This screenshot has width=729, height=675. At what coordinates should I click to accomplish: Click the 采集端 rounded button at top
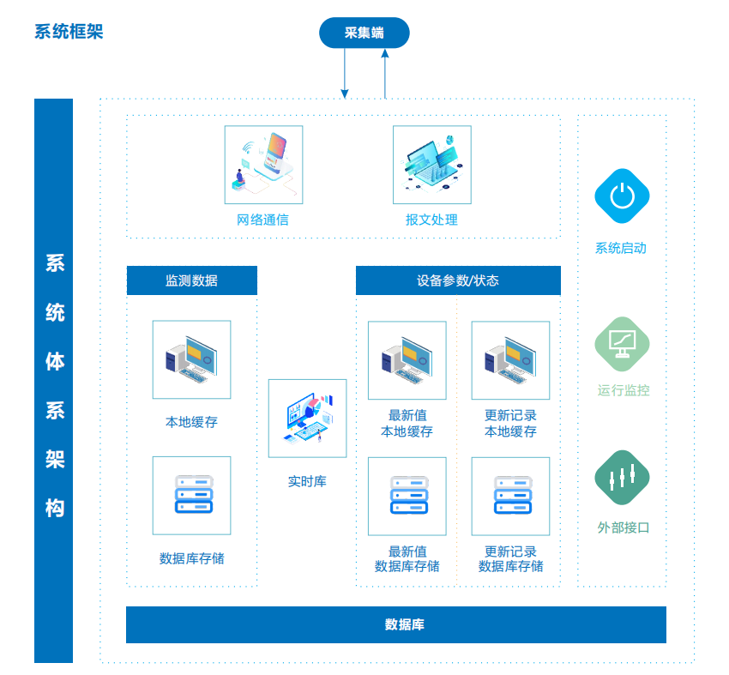[x=364, y=33]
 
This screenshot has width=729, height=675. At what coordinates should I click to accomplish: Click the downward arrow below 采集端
[x=345, y=73]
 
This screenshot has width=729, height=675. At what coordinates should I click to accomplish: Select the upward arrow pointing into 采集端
[x=385, y=74]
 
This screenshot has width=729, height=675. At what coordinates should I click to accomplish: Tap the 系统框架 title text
[x=69, y=32]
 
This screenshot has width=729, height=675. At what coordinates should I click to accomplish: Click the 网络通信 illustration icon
[x=263, y=165]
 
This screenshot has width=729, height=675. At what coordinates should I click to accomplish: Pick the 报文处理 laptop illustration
[x=432, y=165]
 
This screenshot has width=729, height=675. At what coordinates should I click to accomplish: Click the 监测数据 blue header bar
[x=192, y=280]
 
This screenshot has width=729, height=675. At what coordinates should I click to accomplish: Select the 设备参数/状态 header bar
[x=458, y=280]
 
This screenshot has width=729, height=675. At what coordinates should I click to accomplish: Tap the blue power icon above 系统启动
[x=622, y=196]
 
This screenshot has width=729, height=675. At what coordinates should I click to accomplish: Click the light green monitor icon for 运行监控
[x=622, y=344]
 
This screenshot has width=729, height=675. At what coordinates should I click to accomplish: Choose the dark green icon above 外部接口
[x=622, y=478]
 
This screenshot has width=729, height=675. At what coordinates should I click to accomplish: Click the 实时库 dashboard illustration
[x=307, y=419]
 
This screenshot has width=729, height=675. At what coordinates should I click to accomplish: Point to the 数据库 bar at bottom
[x=396, y=624]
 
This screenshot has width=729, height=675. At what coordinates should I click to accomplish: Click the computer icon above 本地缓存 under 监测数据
[x=191, y=359]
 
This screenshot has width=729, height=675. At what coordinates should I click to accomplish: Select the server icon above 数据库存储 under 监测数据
[x=191, y=496]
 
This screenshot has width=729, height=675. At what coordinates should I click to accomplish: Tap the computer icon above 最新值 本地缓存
[x=407, y=360]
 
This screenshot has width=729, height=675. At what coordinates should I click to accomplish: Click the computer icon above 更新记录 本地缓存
[x=510, y=360]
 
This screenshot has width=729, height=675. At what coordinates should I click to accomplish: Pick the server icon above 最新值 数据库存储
[x=407, y=497]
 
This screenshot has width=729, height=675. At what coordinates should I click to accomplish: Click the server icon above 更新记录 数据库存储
[x=510, y=497]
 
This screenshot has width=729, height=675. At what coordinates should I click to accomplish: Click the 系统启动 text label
[x=621, y=248]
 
